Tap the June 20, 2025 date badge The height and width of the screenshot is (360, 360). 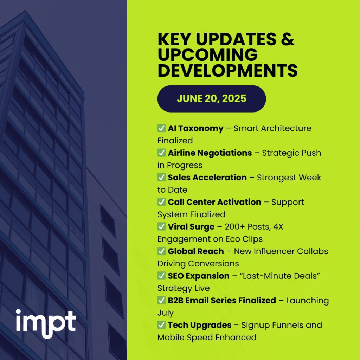tap(211, 98)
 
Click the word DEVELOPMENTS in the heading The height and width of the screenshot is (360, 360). tap(227, 70)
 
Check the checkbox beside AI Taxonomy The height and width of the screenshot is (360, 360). tap(162, 128)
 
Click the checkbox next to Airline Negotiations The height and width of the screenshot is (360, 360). tap(162, 153)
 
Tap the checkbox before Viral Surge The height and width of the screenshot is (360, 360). tap(162, 227)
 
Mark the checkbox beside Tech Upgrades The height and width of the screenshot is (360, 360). tap(162, 325)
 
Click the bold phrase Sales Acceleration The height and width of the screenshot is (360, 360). tap(207, 178)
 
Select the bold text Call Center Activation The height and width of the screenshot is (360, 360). tap(214, 202)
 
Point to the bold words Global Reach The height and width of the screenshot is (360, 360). tap(196, 251)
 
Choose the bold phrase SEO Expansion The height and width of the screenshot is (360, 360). tap(199, 276)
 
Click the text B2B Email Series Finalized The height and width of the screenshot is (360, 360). tap(222, 301)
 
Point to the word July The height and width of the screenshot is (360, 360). tap(165, 313)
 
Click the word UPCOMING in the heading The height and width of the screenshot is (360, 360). tap(207, 55)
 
